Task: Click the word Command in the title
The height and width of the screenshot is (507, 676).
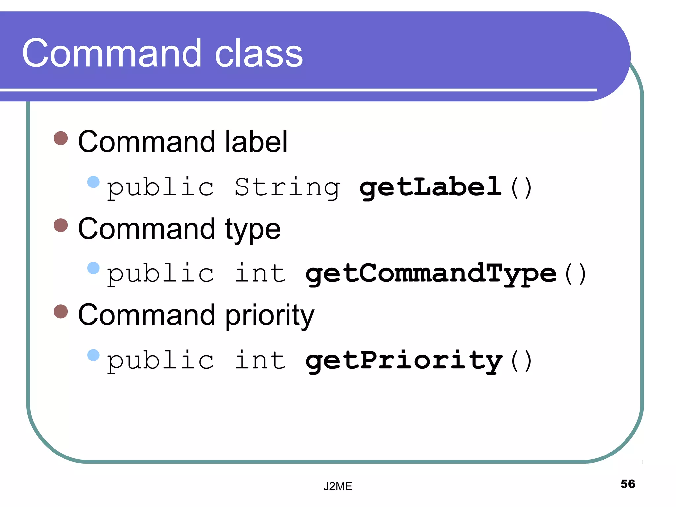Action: (112, 53)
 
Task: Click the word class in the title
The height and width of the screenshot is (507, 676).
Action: (258, 53)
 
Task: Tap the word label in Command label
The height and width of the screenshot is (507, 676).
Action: (256, 142)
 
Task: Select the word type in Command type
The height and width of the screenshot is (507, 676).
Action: (253, 230)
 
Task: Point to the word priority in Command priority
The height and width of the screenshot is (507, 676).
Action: (270, 316)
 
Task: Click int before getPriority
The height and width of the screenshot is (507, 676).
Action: (260, 360)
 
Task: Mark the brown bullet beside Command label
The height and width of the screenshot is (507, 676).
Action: (61, 138)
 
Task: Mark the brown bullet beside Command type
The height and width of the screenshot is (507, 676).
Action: (61, 225)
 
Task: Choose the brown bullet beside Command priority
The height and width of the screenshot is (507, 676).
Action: (61, 311)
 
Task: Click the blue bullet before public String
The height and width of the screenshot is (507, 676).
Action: (93, 182)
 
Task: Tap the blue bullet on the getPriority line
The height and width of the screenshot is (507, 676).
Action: (93, 355)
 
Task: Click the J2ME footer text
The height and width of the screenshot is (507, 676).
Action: (337, 486)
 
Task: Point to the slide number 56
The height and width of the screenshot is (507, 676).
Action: (627, 484)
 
